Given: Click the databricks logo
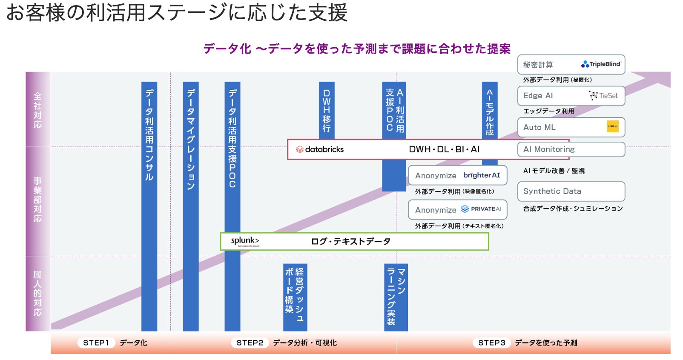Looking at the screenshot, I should (x=319, y=149).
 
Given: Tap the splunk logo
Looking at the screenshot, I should (x=245, y=241).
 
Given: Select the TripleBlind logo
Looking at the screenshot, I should (x=601, y=64).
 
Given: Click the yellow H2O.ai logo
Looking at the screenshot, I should (x=612, y=127).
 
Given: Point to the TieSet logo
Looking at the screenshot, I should (x=603, y=96).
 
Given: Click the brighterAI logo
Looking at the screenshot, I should (x=481, y=175).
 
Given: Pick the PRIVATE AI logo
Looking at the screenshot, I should (x=481, y=209).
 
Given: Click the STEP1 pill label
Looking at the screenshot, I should (x=96, y=343).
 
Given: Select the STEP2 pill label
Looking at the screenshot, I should (x=250, y=343).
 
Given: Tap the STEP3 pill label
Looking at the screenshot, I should (x=491, y=343).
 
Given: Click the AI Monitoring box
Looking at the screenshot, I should (x=571, y=149).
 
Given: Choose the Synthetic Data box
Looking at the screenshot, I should (x=571, y=191).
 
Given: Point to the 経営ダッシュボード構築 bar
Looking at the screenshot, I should (x=295, y=297).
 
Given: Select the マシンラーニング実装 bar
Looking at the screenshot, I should (x=396, y=297).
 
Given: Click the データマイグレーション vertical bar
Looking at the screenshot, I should (x=191, y=204).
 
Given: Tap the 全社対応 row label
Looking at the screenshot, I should (x=38, y=110).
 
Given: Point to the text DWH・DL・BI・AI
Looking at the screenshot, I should (x=444, y=149).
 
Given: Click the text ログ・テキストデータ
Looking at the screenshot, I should (x=350, y=241).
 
